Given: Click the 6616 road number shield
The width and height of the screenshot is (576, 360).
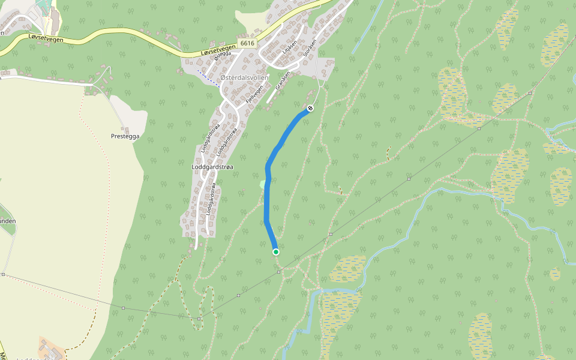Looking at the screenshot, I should tap(246, 43).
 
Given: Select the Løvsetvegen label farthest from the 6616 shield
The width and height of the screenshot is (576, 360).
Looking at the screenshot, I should tap(46, 37).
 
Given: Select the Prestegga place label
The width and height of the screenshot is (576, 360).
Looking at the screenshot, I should tap(125, 137).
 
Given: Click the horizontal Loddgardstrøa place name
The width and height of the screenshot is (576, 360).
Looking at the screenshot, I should tap(212, 167).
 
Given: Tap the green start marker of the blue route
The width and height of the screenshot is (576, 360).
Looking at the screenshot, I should tap(275, 252).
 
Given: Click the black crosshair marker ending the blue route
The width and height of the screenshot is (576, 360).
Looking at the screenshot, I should tap(310, 108).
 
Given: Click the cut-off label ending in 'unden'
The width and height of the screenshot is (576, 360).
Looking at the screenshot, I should tap(7, 221).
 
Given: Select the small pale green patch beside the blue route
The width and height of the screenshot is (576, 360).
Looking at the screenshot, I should tap(262, 184).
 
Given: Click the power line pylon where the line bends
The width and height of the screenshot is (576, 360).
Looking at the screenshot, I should tap(199, 319).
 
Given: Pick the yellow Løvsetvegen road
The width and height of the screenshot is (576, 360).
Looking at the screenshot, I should tap(120, 43).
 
